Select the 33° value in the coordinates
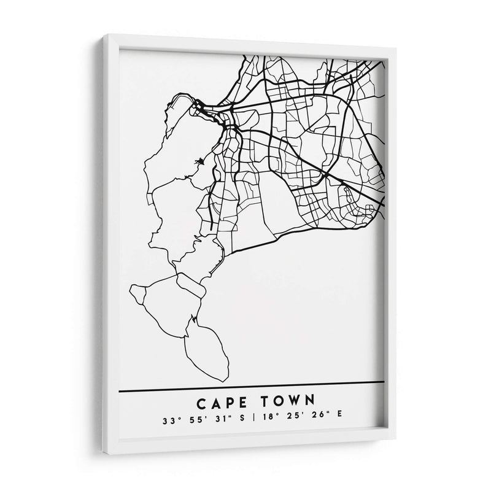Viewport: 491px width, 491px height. click(x=170, y=420)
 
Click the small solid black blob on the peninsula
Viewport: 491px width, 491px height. click(x=198, y=163)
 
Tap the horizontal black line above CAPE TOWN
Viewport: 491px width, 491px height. click(x=252, y=387)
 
